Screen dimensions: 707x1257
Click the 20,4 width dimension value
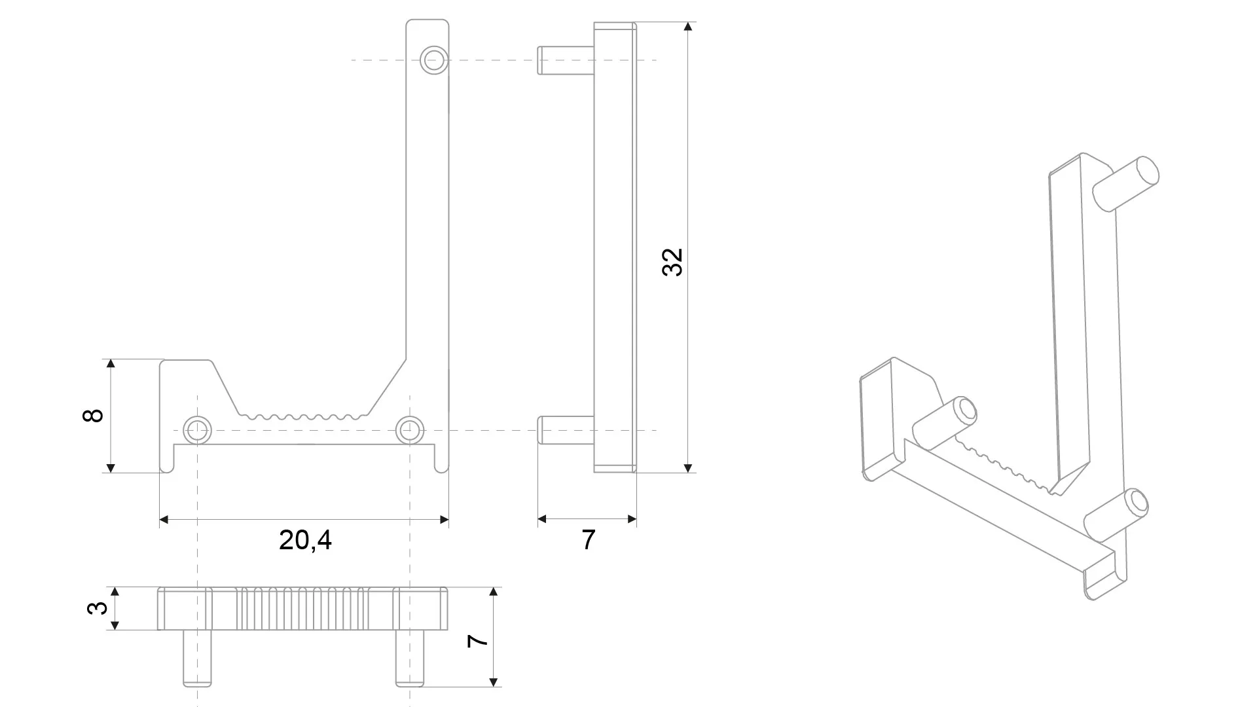pyautogui.click(x=305, y=540)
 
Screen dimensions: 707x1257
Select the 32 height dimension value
pyautogui.click(x=672, y=263)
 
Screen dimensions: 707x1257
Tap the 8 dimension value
pyautogui.click(x=94, y=415)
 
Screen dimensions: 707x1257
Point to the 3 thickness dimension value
pyautogui.click(x=97, y=607)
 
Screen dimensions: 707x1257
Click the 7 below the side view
pyautogui.click(x=588, y=540)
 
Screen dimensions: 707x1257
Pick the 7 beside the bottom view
pyautogui.click(x=478, y=640)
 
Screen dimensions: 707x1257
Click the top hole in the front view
pyautogui.click(x=433, y=60)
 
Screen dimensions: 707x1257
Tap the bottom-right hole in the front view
pyautogui.click(x=410, y=430)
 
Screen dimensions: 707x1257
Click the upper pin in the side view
pyautogui.click(x=565, y=60)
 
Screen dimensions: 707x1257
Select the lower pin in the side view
pyautogui.click(x=565, y=430)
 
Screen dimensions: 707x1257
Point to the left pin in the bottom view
pyautogui.click(x=197, y=658)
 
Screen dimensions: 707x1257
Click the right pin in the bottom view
pyautogui.click(x=410, y=658)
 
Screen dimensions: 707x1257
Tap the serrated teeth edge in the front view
pyautogui.click(x=302, y=416)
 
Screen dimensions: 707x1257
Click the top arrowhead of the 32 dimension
pyautogui.click(x=687, y=27)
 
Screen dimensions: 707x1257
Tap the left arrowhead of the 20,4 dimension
pyautogui.click(x=164, y=520)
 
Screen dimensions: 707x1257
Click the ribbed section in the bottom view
pyautogui.click(x=302, y=609)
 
